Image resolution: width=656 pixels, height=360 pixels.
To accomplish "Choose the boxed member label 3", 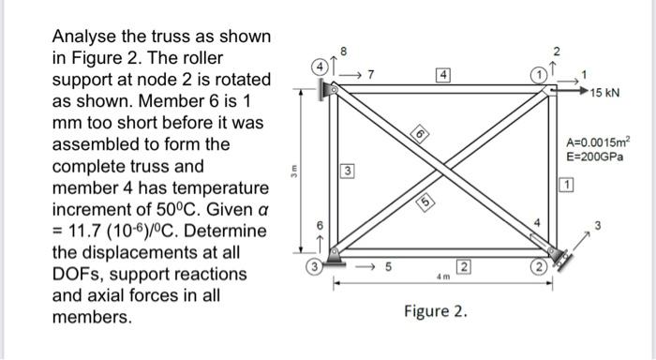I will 346,172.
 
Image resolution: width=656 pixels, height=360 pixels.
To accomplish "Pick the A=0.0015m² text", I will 599,143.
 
